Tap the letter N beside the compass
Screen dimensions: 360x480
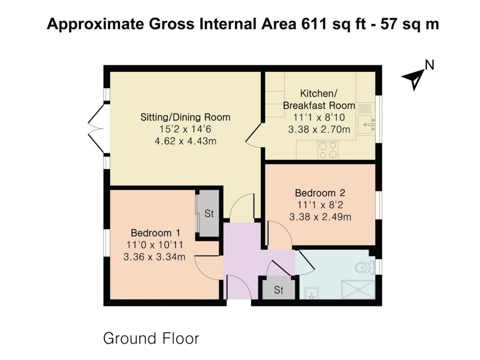pyautogui.click(x=429, y=65)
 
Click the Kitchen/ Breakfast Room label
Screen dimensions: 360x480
pyautogui.click(x=319, y=99)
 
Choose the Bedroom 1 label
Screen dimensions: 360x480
pyautogui.click(x=155, y=233)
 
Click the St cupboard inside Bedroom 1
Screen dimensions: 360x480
pyautogui.click(x=209, y=214)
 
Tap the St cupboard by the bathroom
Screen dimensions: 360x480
pyautogui.click(x=278, y=290)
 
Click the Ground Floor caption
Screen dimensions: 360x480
pyautogui.click(x=151, y=338)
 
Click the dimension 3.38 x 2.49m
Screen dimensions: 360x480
pyautogui.click(x=320, y=217)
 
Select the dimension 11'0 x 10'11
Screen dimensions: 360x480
pyautogui.click(x=155, y=245)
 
